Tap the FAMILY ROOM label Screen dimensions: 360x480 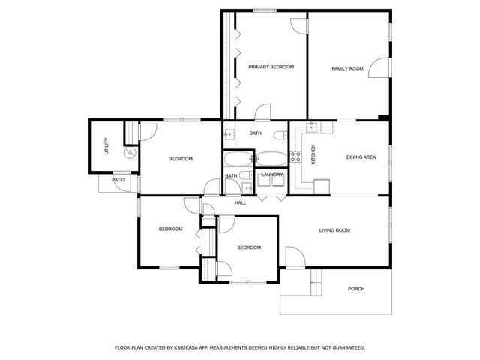coord(347,68)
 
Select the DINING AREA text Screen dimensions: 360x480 coord(361,157)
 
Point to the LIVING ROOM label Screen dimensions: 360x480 coord(334,230)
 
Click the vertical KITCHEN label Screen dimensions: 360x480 coord(313,154)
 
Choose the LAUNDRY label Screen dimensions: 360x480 coord(271,175)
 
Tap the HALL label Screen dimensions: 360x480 coord(241,203)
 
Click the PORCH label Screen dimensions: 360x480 coord(356,289)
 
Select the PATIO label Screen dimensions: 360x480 coord(118,181)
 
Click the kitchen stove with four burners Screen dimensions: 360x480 coord(295,157)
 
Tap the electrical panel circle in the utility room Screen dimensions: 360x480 coord(130,152)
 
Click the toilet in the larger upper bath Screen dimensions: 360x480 coord(279,135)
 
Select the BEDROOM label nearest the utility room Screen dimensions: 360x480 coord(181,159)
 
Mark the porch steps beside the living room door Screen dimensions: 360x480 coord(316,283)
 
